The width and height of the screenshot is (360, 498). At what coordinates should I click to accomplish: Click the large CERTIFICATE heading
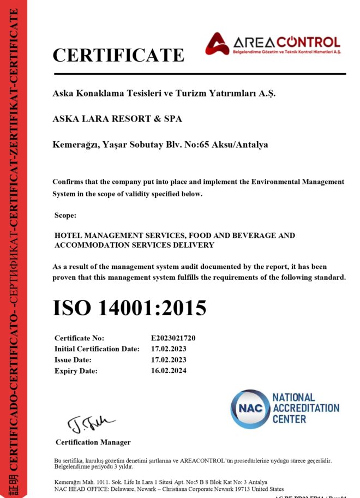[118, 56]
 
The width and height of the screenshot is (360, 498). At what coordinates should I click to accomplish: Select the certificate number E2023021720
[173, 338]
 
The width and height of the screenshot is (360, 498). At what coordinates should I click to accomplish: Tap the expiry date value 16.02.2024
[169, 371]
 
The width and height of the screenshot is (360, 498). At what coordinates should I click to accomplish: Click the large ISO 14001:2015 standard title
[129, 308]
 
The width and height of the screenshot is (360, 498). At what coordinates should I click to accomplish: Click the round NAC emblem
[249, 409]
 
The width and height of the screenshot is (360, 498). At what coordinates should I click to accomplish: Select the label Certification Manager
[93, 442]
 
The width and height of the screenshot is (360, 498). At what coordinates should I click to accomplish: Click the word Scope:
[65, 215]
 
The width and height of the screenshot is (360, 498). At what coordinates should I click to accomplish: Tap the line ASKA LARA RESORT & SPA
[117, 118]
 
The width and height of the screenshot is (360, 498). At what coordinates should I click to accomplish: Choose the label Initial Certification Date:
[97, 349]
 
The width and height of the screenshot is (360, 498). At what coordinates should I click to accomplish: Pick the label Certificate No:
[79, 338]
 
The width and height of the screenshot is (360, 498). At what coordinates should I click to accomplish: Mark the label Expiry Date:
[76, 371]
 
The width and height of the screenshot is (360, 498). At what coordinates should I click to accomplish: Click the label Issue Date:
[73, 360]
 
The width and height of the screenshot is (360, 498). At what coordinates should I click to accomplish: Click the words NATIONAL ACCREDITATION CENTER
[305, 409]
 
